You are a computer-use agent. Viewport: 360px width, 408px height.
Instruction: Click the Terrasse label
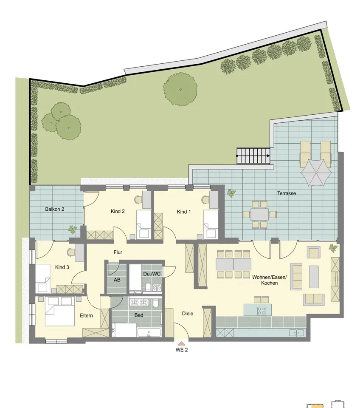(x=287, y=193)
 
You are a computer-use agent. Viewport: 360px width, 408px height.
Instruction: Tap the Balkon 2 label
(x=55, y=209)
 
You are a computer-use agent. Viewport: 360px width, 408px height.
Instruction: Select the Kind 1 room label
(x=184, y=212)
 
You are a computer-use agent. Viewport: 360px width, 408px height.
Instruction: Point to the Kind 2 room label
(x=118, y=211)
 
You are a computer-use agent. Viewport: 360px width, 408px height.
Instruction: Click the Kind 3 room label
(x=62, y=267)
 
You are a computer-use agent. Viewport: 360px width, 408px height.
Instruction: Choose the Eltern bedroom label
(x=86, y=316)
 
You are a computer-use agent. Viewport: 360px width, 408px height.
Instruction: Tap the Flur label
(x=118, y=252)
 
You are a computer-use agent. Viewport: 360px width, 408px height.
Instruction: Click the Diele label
(x=188, y=314)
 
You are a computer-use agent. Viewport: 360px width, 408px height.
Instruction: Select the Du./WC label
(x=152, y=274)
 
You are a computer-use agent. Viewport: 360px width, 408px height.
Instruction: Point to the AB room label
(x=117, y=280)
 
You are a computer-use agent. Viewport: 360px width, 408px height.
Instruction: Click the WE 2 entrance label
(x=181, y=350)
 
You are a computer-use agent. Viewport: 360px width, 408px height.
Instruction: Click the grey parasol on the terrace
(x=316, y=173)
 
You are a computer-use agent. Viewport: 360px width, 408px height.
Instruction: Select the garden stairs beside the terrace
(x=253, y=156)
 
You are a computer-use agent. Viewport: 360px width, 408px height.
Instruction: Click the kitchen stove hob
(x=262, y=310)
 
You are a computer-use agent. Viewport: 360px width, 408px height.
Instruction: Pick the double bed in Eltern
(x=60, y=311)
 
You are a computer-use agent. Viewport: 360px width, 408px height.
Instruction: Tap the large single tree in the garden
(x=180, y=90)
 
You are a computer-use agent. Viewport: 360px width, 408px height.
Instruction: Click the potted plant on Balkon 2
(x=73, y=229)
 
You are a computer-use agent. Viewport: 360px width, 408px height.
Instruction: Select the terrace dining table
(x=259, y=214)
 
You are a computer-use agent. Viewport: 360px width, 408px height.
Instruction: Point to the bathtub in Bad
(x=149, y=332)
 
